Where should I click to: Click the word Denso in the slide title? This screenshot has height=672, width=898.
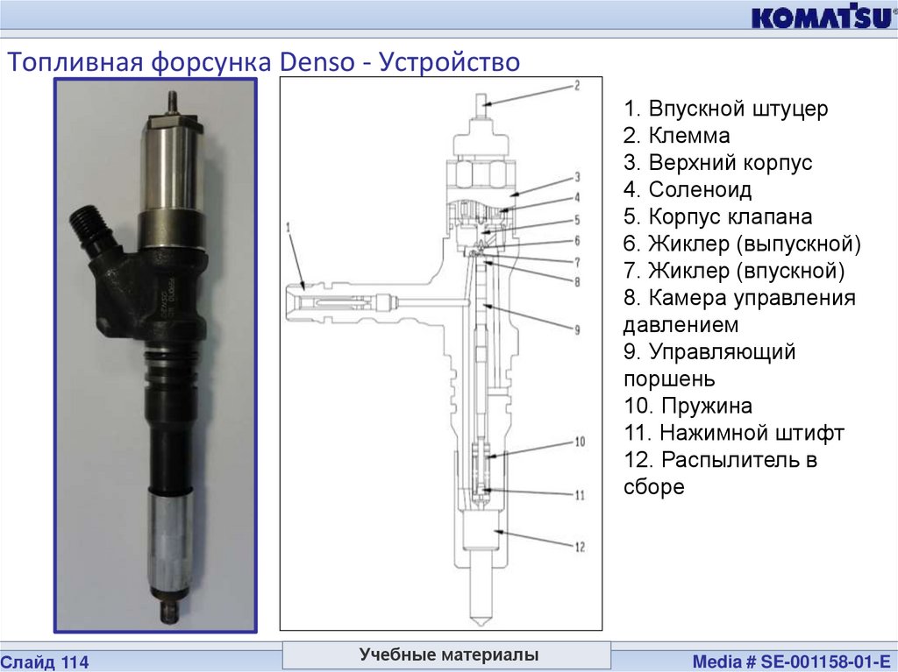(317, 61)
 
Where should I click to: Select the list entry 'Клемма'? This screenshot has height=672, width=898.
(676, 136)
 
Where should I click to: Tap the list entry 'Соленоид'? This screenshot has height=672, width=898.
(688, 189)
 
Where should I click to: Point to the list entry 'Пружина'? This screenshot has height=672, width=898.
(688, 406)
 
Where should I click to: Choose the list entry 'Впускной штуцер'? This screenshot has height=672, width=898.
(725, 109)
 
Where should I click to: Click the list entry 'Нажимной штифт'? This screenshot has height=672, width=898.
(734, 433)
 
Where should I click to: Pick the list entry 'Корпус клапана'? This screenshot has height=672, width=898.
(717, 217)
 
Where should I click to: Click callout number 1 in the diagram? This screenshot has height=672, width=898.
(289, 228)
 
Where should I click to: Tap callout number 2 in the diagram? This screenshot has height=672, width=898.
(577, 85)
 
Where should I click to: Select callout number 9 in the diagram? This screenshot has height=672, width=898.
(577, 329)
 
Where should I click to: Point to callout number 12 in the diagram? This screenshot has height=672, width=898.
(580, 548)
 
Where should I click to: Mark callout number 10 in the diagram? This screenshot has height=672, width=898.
(580, 442)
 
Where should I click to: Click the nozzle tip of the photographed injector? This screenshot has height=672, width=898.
(170, 612)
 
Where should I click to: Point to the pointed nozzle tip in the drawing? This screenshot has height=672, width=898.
(480, 620)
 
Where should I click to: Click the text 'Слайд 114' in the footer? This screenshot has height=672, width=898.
(45, 662)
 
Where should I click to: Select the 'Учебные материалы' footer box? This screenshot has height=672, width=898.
(447, 654)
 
